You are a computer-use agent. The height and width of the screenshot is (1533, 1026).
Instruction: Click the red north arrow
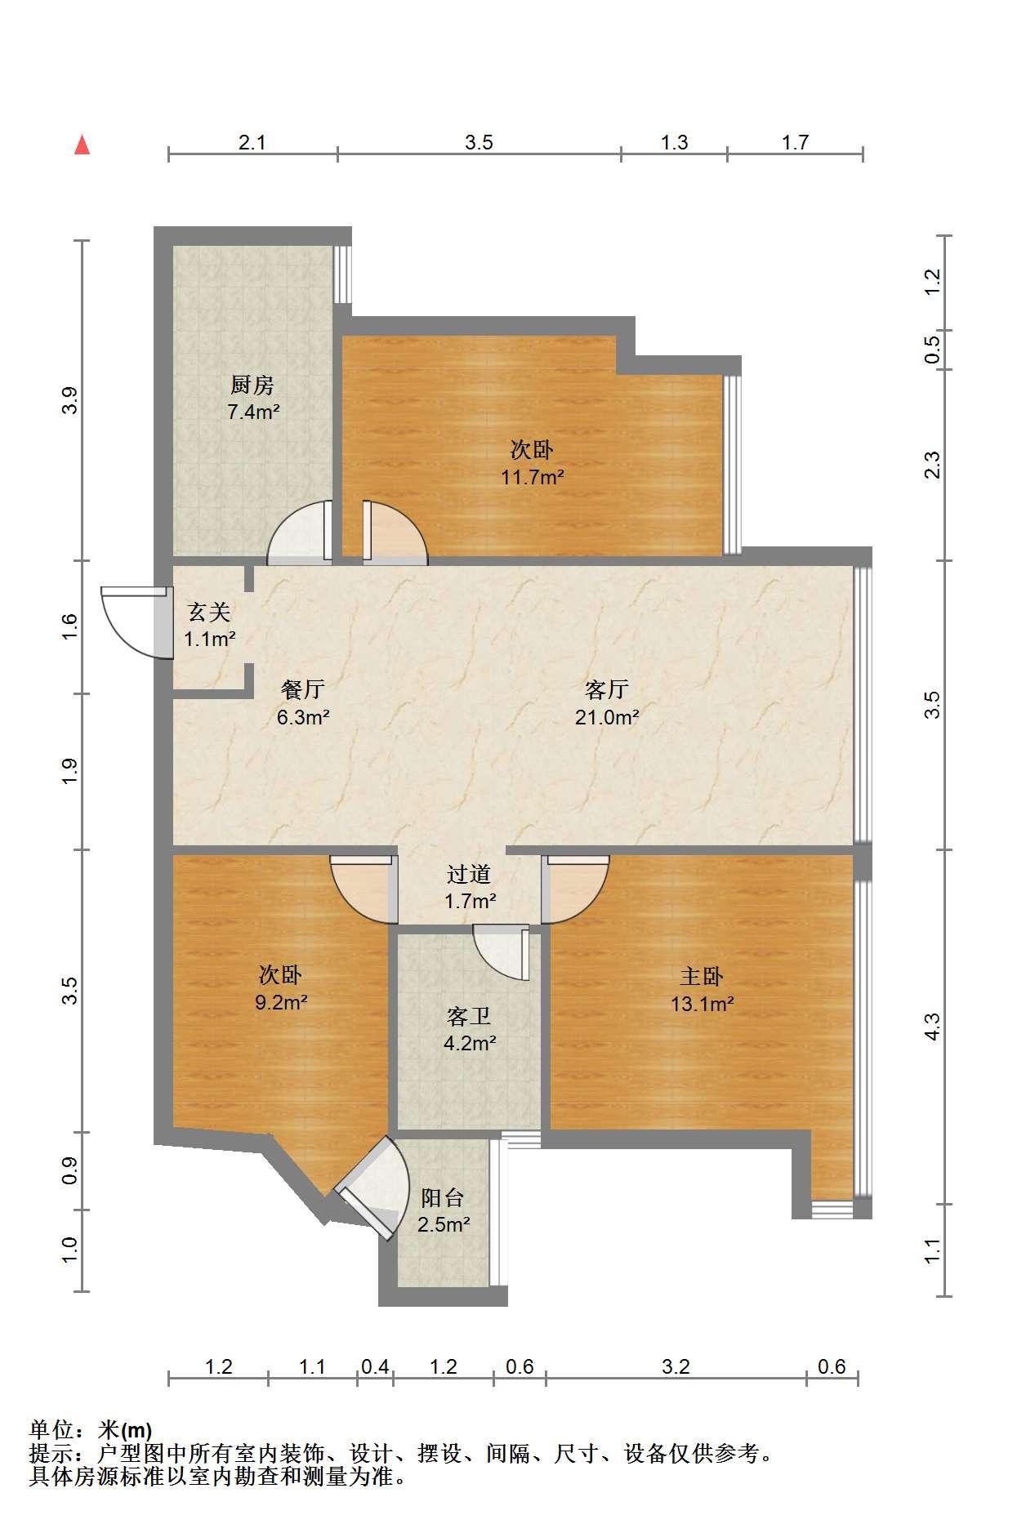pyautogui.click(x=82, y=145)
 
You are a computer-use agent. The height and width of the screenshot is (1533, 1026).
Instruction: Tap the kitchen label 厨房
pyautogui.click(x=252, y=384)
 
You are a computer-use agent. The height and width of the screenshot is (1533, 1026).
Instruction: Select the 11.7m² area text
pyautogui.click(x=533, y=477)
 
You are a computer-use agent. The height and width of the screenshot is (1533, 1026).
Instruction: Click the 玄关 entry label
pyautogui.click(x=210, y=612)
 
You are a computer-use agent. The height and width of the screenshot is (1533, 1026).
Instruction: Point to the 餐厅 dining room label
pyautogui.click(x=302, y=690)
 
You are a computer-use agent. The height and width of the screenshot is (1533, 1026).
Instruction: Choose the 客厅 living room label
pyautogui.click(x=607, y=690)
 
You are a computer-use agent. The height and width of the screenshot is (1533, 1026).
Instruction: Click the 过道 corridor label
pyautogui.click(x=469, y=875)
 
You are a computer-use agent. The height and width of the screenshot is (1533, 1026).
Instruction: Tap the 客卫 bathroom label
pyautogui.click(x=469, y=1016)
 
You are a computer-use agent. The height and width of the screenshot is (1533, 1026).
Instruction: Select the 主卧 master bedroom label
pyautogui.click(x=702, y=976)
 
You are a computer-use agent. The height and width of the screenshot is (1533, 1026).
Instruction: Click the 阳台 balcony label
pyautogui.click(x=443, y=1198)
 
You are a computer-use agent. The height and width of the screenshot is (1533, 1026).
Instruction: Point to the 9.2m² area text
pyautogui.click(x=281, y=1002)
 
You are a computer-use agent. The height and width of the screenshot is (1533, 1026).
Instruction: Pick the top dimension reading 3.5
pyautogui.click(x=480, y=143)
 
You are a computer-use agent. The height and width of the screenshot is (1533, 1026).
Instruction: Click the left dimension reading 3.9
pyautogui.click(x=71, y=400)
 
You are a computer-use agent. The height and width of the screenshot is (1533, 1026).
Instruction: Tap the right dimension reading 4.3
pyautogui.click(x=932, y=1027)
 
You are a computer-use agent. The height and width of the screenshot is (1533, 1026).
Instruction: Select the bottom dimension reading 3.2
pyautogui.click(x=676, y=1367)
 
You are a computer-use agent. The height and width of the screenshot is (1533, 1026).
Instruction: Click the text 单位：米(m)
pyautogui.click(x=91, y=1430)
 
